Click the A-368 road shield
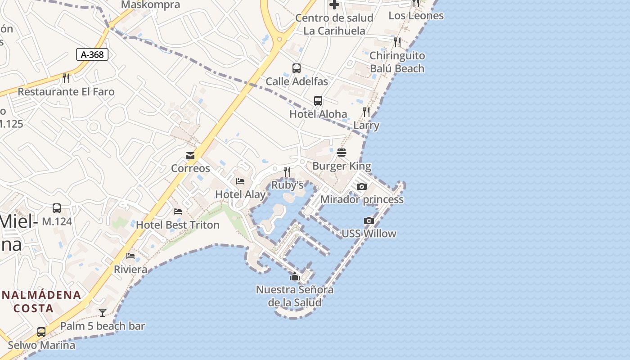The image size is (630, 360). point(92,55)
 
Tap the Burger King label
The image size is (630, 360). point(342,166)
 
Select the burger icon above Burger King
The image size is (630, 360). point(342,153)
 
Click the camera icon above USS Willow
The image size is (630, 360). point(369,220)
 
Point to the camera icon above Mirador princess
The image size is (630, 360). point(361,186)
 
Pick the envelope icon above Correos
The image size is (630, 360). point(190,156)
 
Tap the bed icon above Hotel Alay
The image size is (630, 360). point(240,181)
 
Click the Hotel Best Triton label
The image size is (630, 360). point(178,225)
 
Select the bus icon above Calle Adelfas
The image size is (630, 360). point(297,68)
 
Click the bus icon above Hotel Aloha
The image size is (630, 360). point(318,101)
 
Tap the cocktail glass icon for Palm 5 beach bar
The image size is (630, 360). point(103,312)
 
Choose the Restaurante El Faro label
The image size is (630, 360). point(66,92)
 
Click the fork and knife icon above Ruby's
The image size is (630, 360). point(287,171)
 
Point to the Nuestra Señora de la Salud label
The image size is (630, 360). point(295,296)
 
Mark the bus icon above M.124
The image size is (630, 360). point(57,208)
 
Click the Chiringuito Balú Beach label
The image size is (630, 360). point(397,62)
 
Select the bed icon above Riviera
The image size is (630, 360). point(130,256)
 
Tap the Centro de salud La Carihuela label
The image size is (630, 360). point(334,24)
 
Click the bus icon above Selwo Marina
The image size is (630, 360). point(41,332)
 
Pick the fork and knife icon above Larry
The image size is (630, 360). point(366,112)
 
